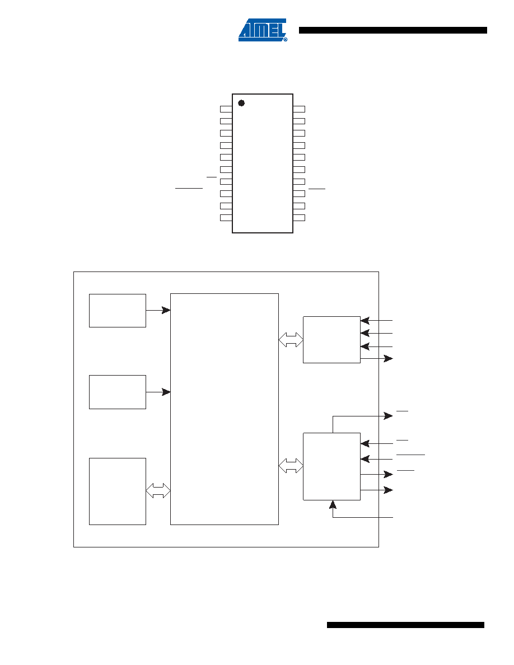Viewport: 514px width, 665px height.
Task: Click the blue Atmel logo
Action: pyautogui.click(x=263, y=30)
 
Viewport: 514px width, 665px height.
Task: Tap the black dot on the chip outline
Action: pyautogui.click(x=241, y=103)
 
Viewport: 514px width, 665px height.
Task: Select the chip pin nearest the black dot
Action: pyautogui.click(x=226, y=109)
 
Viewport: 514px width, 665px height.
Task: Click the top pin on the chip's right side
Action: pyautogui.click(x=299, y=109)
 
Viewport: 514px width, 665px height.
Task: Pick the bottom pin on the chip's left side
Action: pyautogui.click(x=226, y=218)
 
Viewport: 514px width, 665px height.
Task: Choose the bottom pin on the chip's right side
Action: pyautogui.click(x=299, y=218)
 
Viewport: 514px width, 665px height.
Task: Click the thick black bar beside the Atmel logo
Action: pyautogui.click(x=392, y=30)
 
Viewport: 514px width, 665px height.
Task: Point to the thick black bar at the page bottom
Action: pyautogui.click(x=405, y=625)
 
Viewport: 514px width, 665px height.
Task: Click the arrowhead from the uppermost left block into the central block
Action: pyautogui.click(x=166, y=311)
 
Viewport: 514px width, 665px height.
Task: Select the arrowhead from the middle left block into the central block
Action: pyautogui.click(x=166, y=392)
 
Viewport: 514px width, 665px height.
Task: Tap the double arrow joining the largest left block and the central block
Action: pyautogui.click(x=158, y=491)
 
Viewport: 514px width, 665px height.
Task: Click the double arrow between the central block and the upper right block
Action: pyautogui.click(x=291, y=340)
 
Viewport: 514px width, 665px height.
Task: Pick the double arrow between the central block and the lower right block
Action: pyautogui.click(x=291, y=466)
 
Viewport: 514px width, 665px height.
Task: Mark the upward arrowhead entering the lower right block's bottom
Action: pyautogui.click(x=333, y=504)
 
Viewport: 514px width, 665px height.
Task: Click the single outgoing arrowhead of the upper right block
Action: pyautogui.click(x=389, y=358)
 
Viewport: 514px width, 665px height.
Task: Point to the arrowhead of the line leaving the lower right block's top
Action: pyautogui.click(x=389, y=416)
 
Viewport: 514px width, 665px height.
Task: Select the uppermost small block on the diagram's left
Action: pyautogui.click(x=118, y=311)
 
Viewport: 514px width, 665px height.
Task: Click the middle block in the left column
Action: pyautogui.click(x=118, y=392)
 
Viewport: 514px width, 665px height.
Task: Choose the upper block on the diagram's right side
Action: pyautogui.click(x=331, y=340)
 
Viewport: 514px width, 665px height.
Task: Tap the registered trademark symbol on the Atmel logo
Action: pyautogui.click(x=286, y=39)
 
